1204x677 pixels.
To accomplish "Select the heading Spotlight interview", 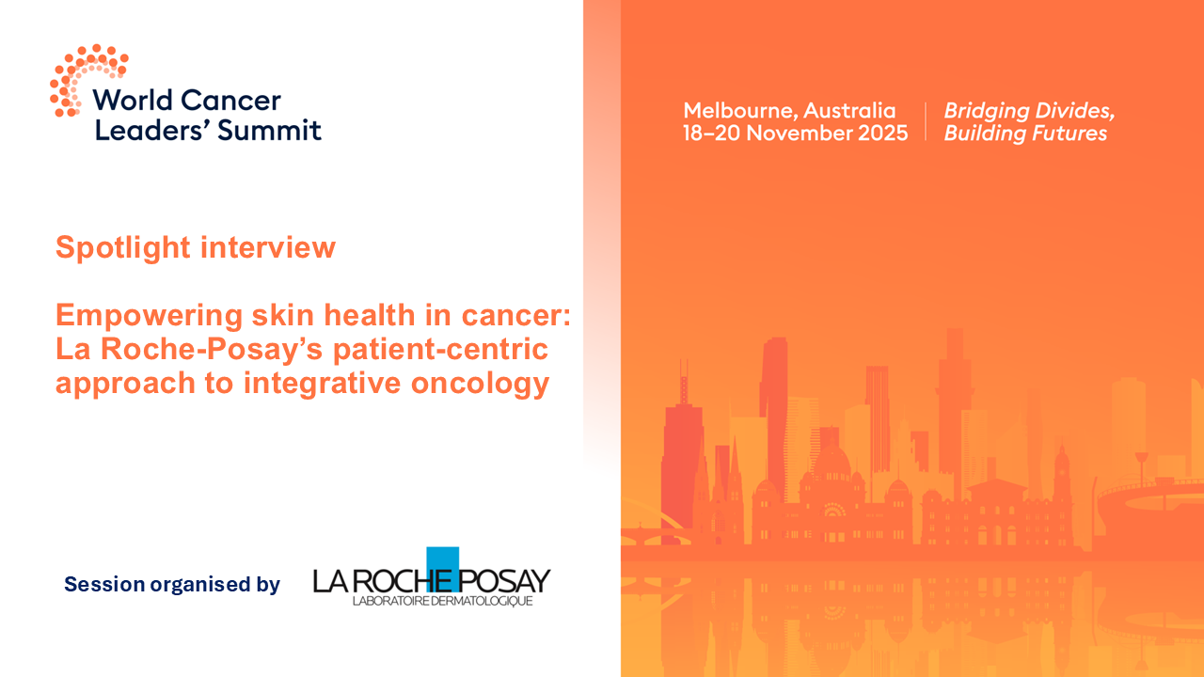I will pyautogui.click(x=196, y=247).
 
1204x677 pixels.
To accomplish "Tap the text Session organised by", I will pyautogui.click(x=172, y=585).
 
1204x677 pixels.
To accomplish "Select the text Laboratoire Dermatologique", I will pyautogui.click(x=442, y=601).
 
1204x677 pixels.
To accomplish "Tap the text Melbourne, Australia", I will pyautogui.click(x=789, y=110).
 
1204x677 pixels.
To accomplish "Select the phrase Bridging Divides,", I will pyautogui.click(x=1029, y=110).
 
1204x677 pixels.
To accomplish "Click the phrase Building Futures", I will pyautogui.click(x=1025, y=133).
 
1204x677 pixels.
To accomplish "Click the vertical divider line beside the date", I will pyautogui.click(x=926, y=121).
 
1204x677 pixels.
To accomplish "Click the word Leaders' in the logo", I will pyautogui.click(x=150, y=130).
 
